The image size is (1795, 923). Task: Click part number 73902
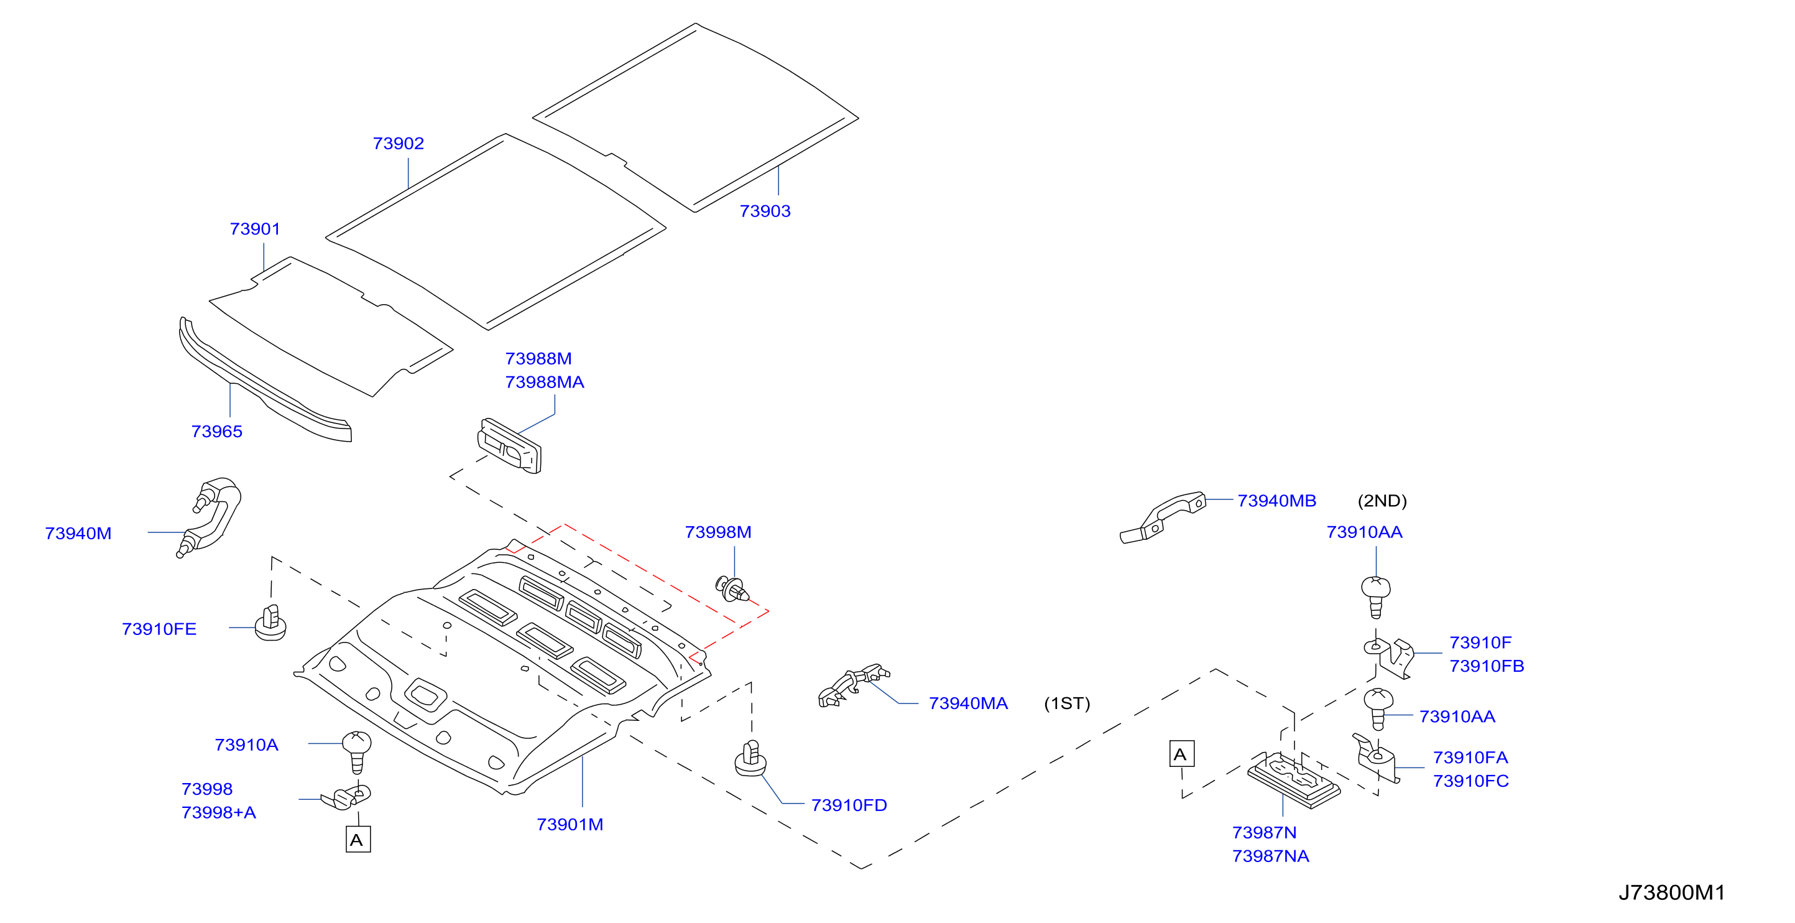coord(399,143)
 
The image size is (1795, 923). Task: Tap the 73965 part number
coord(217,431)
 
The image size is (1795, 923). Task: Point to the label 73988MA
coord(544,382)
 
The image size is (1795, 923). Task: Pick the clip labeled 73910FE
coord(270,623)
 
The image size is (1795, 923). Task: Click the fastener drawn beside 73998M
coord(732,590)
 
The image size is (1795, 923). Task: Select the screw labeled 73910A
coord(357,751)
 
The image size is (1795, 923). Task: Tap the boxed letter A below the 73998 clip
coord(358,839)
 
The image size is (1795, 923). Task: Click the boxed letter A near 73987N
coord(1181,754)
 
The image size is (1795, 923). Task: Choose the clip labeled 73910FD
coord(750,758)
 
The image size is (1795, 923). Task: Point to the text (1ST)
coord(1067,703)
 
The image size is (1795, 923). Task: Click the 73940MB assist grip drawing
coord(1162,517)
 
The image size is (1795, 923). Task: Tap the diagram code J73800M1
coord(1672,893)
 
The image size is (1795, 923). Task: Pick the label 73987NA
coord(1270,856)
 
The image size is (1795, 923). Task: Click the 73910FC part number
coord(1471,781)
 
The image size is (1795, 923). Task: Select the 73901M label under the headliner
coord(570,824)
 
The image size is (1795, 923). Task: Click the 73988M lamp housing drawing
coord(509,445)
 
